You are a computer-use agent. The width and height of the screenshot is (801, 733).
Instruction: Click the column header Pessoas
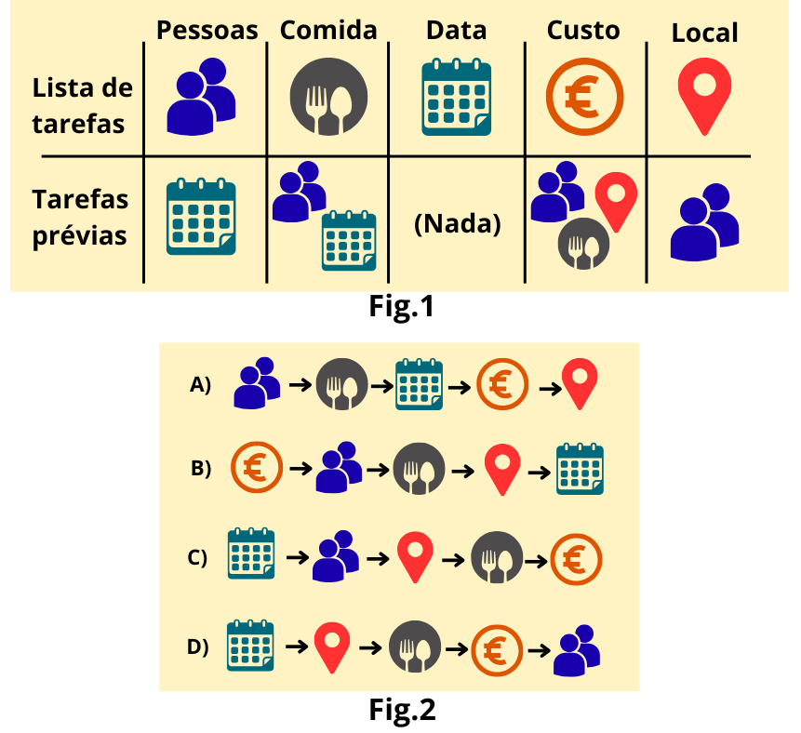tap(207, 31)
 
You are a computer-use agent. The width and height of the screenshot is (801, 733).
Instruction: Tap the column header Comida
tap(328, 30)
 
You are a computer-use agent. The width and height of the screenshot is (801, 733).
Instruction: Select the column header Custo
tap(583, 30)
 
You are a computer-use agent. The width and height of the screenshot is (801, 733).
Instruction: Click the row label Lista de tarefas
tap(82, 106)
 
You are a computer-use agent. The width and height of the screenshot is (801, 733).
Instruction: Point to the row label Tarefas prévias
tap(82, 217)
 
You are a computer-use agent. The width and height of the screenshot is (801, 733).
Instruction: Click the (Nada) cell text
tap(457, 223)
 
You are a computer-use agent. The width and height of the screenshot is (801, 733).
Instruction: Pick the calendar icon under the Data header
tap(457, 97)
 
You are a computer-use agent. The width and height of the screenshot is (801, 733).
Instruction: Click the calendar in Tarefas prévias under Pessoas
tap(200, 217)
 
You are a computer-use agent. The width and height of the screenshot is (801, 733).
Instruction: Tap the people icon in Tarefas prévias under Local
tap(704, 221)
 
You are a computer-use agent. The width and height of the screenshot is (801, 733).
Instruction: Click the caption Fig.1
tap(401, 307)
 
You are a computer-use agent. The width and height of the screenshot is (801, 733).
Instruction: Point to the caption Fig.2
tap(401, 710)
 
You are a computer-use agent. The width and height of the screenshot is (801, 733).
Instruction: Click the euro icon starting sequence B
tap(256, 468)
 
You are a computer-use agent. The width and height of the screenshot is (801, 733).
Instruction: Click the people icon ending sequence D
tap(577, 649)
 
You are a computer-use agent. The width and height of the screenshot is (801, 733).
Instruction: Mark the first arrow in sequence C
tap(297, 558)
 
